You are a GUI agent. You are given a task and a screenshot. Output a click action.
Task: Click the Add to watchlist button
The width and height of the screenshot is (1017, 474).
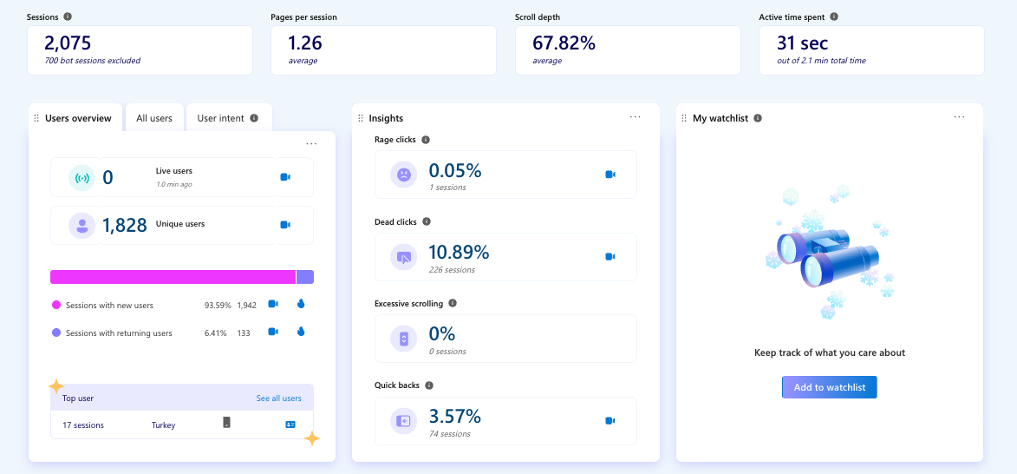pyautogui.click(x=829, y=387)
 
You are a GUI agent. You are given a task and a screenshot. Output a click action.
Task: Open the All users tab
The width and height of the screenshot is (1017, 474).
pyautogui.click(x=154, y=118)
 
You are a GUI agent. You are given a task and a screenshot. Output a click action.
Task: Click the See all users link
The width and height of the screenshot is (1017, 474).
pyautogui.click(x=278, y=398)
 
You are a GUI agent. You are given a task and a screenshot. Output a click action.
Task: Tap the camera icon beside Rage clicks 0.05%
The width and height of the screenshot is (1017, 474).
pyautogui.click(x=610, y=174)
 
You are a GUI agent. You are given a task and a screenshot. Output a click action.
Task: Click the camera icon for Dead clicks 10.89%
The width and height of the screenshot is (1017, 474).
pyautogui.click(x=610, y=257)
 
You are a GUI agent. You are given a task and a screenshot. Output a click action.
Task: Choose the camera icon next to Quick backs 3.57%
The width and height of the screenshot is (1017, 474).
pyautogui.click(x=610, y=421)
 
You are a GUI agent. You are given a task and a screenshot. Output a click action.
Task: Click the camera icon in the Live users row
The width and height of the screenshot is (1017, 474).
pyautogui.click(x=285, y=177)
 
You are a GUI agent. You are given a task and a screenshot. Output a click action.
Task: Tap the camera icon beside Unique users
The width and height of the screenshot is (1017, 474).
pyautogui.click(x=285, y=225)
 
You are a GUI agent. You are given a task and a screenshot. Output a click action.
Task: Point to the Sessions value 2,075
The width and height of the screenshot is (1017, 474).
pyautogui.click(x=68, y=43)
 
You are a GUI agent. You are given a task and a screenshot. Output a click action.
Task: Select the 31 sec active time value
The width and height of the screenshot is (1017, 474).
pyautogui.click(x=802, y=43)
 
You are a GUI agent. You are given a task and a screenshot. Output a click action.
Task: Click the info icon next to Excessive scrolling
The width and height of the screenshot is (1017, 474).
pyautogui.click(x=453, y=304)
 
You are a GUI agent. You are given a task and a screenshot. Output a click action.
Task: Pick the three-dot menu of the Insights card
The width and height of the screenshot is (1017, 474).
pyautogui.click(x=635, y=117)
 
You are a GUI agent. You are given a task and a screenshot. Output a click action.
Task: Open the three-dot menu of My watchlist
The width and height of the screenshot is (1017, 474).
pyautogui.click(x=959, y=117)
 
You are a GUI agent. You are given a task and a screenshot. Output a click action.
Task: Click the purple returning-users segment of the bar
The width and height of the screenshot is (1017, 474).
pyautogui.click(x=304, y=277)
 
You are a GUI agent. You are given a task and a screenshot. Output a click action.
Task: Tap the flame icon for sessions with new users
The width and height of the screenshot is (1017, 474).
pyautogui.click(x=301, y=305)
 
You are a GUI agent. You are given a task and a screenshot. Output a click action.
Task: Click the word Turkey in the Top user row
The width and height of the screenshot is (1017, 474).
pyautogui.click(x=163, y=425)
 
